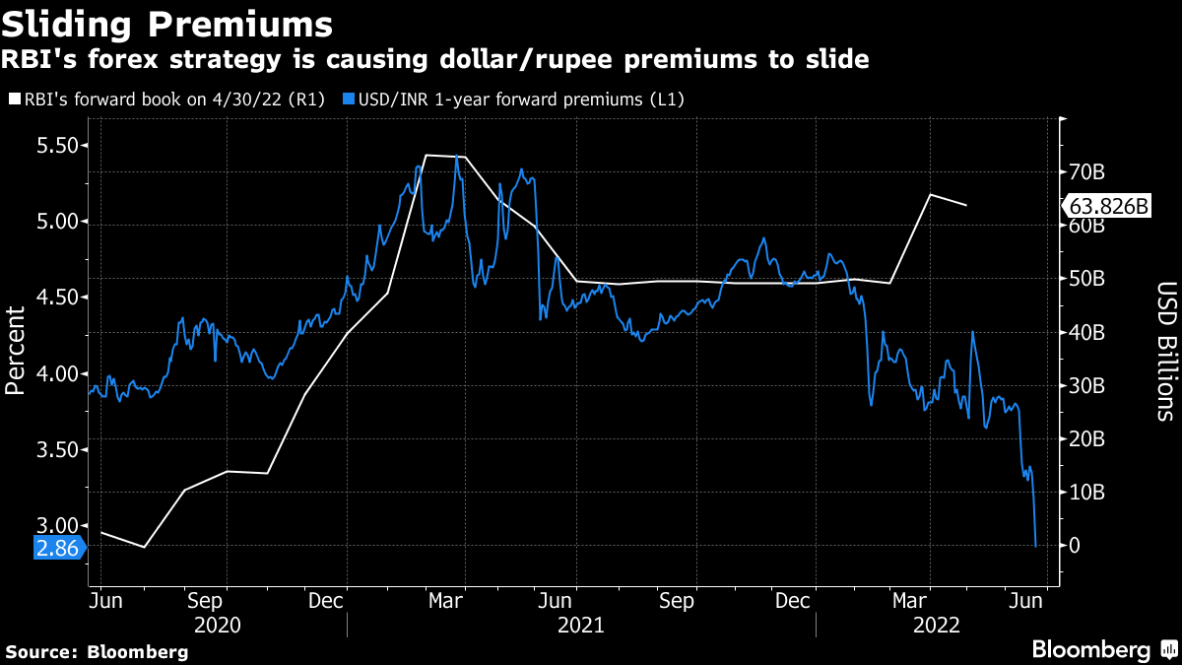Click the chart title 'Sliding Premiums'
168,22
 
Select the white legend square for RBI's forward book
13,100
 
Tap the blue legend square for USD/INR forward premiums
348,100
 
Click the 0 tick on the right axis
1076,546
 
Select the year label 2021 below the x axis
581,626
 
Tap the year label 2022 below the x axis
937,626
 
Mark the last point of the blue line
1035,545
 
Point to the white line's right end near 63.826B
966,205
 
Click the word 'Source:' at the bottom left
43,652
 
